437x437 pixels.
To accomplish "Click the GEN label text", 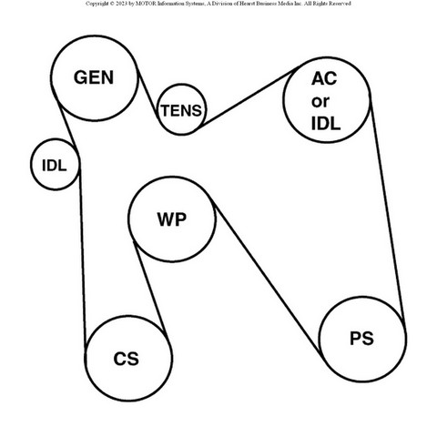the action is (x=94, y=77).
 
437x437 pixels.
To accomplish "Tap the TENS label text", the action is (x=181, y=110).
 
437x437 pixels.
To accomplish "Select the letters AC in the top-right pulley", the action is (x=324, y=78).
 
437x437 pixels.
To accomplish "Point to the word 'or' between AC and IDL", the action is (x=320, y=102).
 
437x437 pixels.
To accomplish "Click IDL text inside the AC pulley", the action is (x=326, y=124).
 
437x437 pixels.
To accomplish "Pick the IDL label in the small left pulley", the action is (x=55, y=166).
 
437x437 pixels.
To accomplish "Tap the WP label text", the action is (x=172, y=219).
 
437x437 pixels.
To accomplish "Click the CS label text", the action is (x=127, y=359).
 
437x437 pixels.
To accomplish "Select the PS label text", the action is (x=361, y=339).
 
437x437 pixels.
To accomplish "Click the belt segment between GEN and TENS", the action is (x=148, y=94).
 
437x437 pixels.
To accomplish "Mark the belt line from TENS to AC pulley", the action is (x=249, y=97).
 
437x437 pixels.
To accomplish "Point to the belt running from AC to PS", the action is (x=388, y=208).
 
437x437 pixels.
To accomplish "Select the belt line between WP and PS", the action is (x=267, y=278).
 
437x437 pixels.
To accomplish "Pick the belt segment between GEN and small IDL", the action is (x=67, y=125).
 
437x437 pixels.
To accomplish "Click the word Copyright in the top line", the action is (x=96, y=4).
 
